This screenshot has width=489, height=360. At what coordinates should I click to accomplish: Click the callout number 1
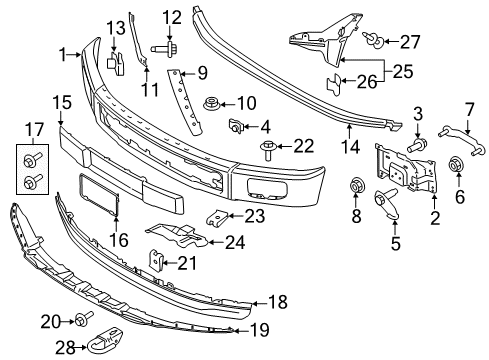(x=63, y=53)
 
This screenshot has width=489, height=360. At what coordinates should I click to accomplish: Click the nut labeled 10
(x=212, y=102)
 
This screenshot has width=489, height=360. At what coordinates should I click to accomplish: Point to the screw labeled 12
(x=162, y=46)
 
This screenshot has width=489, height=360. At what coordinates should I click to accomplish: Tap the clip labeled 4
(x=237, y=126)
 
